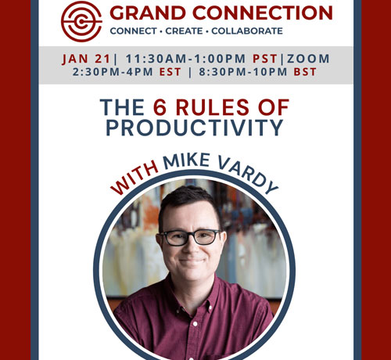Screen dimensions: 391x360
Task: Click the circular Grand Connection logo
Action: pos(81,21)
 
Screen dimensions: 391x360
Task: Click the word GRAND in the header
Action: pos(148,13)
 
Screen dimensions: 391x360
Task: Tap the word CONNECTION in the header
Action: pos(263,13)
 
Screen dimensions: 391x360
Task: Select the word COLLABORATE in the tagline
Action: pos(247,31)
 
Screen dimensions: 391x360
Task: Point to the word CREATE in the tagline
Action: pos(184,31)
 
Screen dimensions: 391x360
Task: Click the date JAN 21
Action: pos(86,59)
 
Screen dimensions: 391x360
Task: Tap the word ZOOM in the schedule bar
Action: pos(308,59)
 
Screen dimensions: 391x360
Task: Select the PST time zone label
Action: pos(265,59)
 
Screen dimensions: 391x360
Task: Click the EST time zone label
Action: pos(170,72)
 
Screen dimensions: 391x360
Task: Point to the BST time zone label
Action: pos(305,72)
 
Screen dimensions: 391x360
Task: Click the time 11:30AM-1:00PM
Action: pos(185,59)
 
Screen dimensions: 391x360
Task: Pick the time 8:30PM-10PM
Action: pos(243,72)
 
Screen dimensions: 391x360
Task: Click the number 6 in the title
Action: pos(160,107)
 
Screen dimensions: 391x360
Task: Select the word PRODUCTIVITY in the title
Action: pos(195,128)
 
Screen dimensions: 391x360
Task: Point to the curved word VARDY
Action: pos(248,175)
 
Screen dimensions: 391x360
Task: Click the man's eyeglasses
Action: pos(190,237)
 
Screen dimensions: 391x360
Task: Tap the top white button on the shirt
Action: pos(195,324)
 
